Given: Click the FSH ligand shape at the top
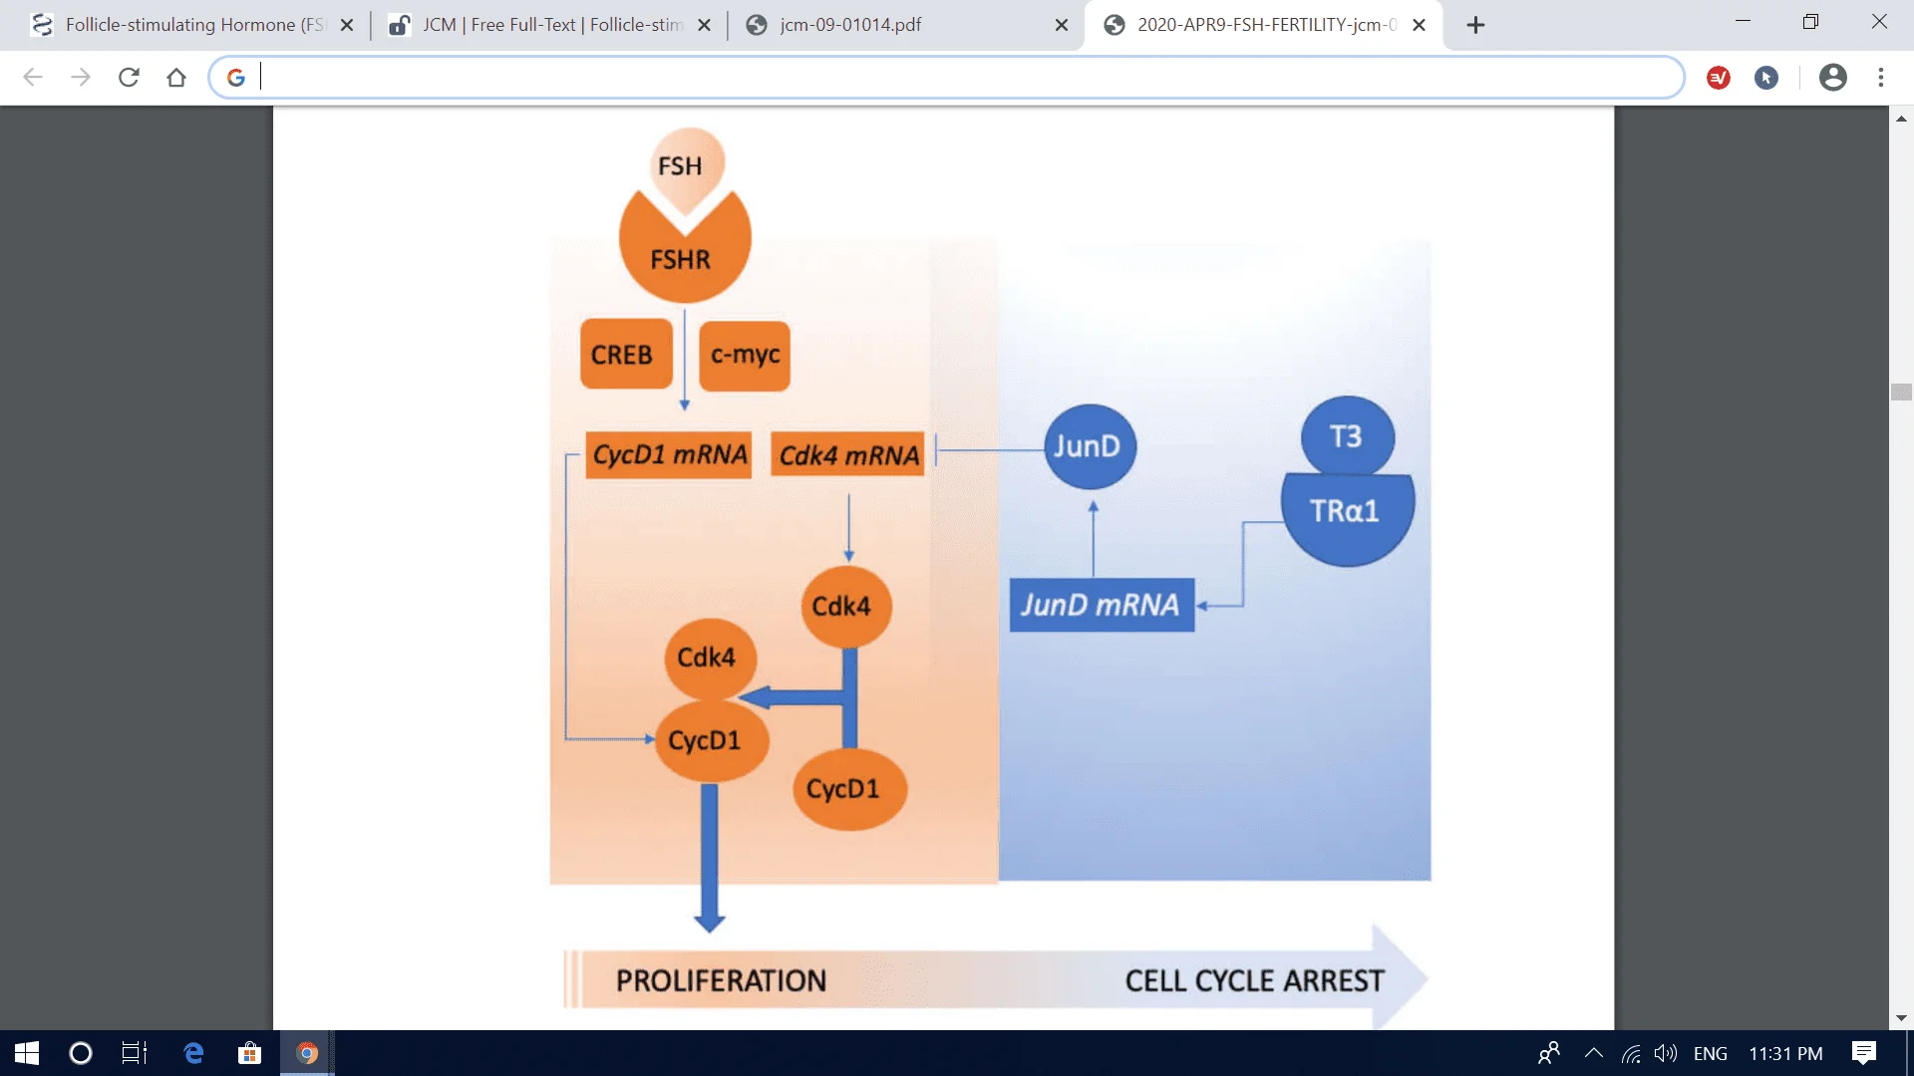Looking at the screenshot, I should point(683,164).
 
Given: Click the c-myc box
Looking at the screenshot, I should point(745,355).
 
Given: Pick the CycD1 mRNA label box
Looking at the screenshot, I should point(669,455).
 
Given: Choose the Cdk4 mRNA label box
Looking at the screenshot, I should point(848,455).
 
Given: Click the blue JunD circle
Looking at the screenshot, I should point(1089,446).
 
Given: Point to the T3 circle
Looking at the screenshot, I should point(1347,436).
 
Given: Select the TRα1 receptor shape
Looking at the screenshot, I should point(1346,514).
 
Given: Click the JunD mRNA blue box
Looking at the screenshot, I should point(1101,605).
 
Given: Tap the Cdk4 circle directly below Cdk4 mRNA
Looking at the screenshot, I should point(843,606).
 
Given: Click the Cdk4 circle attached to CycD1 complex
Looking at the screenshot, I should point(708,658).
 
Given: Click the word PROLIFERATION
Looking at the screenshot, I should point(721,981).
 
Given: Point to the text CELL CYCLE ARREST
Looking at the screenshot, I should point(1254,981).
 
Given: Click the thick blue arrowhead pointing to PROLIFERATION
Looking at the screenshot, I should point(709,919).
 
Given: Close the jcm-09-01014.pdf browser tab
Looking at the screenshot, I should point(1062,25).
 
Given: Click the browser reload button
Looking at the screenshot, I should point(129,78).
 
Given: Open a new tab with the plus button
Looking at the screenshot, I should point(1475,25).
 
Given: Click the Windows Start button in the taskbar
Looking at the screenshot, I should point(27,1053).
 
